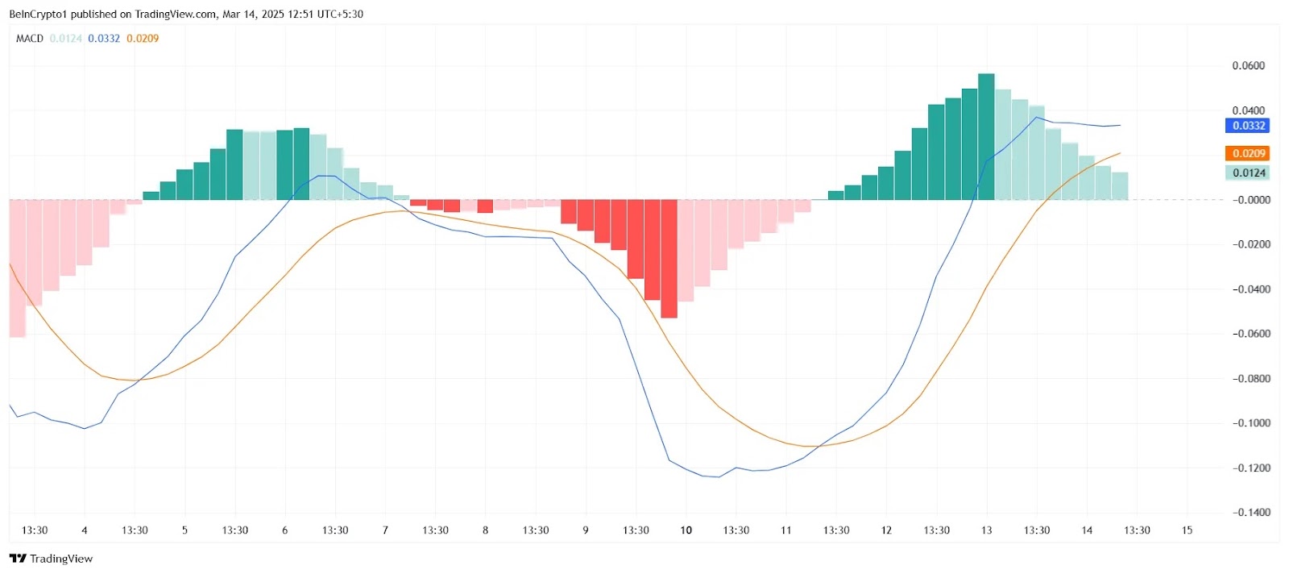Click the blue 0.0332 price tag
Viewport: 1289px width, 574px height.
pos(1248,126)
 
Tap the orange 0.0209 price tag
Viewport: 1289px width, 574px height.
pos(1248,153)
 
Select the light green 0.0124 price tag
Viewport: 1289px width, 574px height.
pos(1248,173)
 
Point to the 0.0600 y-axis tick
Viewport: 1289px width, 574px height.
pos(1248,65)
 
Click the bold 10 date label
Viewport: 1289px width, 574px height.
pos(686,530)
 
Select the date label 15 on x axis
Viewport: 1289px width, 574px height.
pos(1187,530)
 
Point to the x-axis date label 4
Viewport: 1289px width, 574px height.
pos(85,530)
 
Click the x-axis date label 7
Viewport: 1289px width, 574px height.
pos(385,530)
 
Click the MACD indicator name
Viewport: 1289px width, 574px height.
pos(30,38)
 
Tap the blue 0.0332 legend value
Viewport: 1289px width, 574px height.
pos(104,38)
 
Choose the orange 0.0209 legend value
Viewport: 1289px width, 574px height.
pos(143,38)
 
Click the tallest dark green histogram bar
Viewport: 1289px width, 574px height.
pos(986,137)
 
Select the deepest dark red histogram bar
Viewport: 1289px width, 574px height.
pos(669,258)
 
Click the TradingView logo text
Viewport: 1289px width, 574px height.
pos(60,558)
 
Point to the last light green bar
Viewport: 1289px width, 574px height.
pos(1120,185)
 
